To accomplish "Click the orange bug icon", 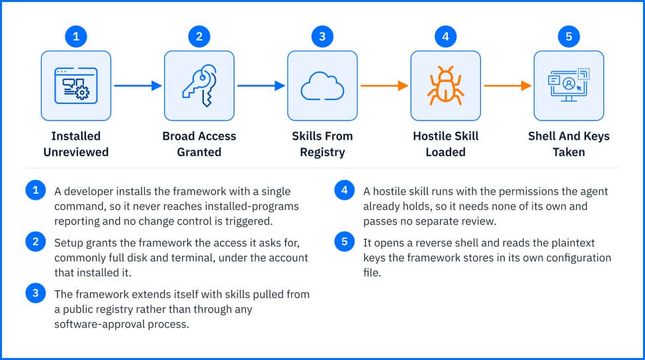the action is (445, 85).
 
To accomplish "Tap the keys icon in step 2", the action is (200, 85).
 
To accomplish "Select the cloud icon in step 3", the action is (323, 86).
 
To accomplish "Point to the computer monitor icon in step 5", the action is (569, 85).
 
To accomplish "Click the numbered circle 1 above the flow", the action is (76, 36).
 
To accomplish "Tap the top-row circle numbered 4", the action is (445, 36).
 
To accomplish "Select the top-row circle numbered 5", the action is (569, 36).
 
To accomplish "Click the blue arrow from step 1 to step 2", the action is (138, 85).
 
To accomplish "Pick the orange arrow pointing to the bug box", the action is (384, 85).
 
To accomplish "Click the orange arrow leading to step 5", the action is (507, 85).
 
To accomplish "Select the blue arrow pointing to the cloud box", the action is (261, 85).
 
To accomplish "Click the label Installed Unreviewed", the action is (76, 144).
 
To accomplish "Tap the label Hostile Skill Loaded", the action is (445, 144).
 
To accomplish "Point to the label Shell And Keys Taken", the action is (569, 144).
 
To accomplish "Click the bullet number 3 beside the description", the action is (35, 293).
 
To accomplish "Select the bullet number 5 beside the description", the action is (344, 242).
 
